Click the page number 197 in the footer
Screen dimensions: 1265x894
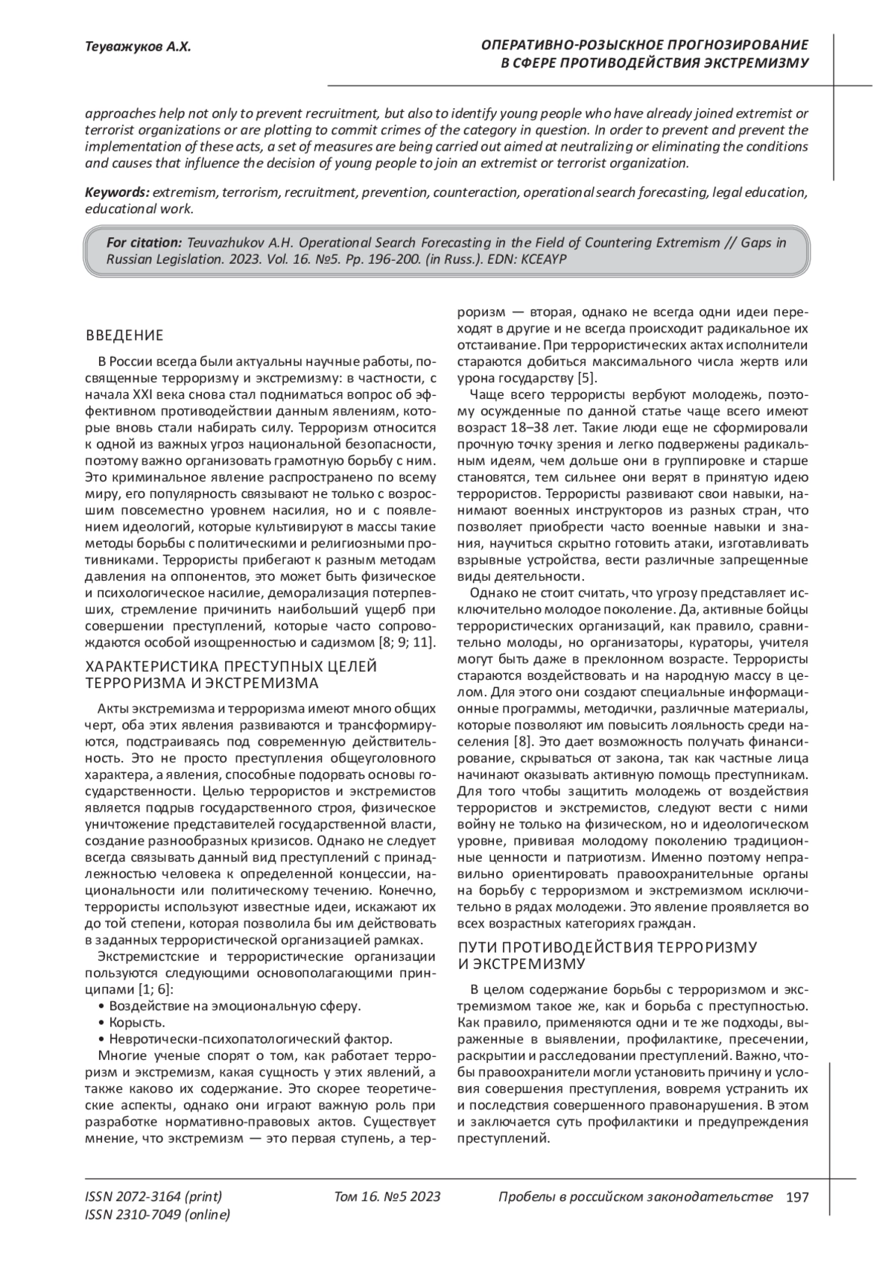click(797, 1197)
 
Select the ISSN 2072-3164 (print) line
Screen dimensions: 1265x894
click(153, 1197)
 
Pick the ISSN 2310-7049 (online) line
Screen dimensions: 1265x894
click(158, 1215)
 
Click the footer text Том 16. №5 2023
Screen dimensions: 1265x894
click(387, 1197)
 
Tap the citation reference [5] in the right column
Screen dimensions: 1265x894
click(587, 377)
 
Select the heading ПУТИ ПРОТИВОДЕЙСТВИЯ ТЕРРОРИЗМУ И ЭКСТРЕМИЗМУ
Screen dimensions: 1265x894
click(606, 956)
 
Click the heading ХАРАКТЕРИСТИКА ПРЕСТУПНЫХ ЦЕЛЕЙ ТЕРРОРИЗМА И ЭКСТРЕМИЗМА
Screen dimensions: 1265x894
click(232, 675)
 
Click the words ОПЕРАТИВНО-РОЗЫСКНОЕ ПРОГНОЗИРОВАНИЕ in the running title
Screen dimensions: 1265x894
click(644, 45)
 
